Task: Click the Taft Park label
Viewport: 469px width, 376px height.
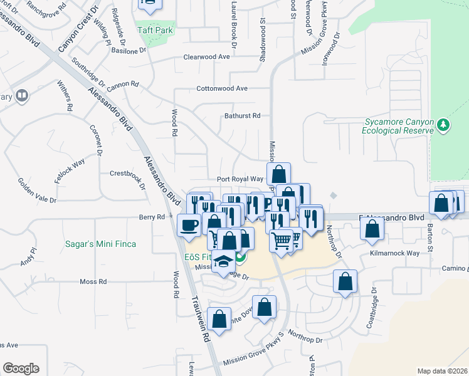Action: (155, 30)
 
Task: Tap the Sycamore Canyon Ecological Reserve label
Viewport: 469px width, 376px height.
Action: (398, 126)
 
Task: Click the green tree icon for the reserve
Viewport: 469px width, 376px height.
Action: (443, 125)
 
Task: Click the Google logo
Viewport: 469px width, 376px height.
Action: (21, 368)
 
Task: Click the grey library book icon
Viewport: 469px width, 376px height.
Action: (22, 96)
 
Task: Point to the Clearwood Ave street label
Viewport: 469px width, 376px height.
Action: (206, 56)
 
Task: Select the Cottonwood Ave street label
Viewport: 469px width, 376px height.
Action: (222, 88)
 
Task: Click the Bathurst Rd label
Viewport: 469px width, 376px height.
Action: (242, 116)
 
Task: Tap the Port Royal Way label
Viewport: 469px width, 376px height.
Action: (240, 179)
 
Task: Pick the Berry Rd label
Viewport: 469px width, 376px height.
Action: (152, 217)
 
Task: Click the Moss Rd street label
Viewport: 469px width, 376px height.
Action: (93, 282)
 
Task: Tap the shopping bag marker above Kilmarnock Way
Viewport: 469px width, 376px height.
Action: (372, 229)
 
